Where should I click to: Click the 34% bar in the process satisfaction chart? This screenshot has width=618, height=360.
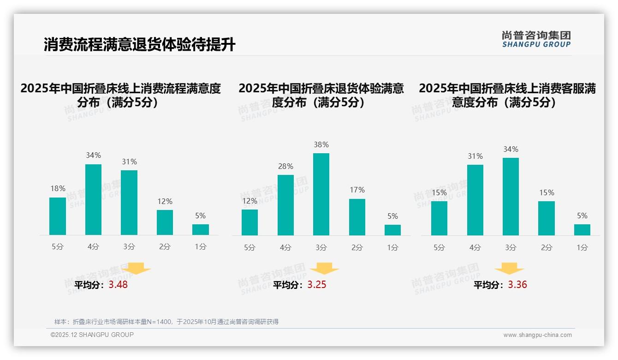93,199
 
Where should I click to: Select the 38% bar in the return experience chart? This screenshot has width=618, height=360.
321,194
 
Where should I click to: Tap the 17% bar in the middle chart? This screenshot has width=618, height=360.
357,217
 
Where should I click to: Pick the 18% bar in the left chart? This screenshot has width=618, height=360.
58,216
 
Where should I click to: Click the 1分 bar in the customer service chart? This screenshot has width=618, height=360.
582,229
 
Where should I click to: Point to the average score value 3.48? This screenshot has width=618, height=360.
118,285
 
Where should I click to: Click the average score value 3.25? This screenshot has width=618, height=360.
317,285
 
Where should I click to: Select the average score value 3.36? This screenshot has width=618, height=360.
517,285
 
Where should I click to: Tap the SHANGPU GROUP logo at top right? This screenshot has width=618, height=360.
536,39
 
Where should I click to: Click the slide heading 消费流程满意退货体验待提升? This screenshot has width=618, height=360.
139,45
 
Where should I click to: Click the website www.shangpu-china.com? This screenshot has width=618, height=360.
537,335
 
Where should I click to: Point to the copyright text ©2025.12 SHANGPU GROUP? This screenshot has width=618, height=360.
92,335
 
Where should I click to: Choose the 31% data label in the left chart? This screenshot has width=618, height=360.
129,162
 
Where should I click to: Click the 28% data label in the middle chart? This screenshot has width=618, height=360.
285,167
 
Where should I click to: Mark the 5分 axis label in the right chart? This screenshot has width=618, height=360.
439,247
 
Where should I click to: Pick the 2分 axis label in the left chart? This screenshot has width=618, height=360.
165,247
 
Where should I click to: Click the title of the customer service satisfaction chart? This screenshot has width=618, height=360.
507,95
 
